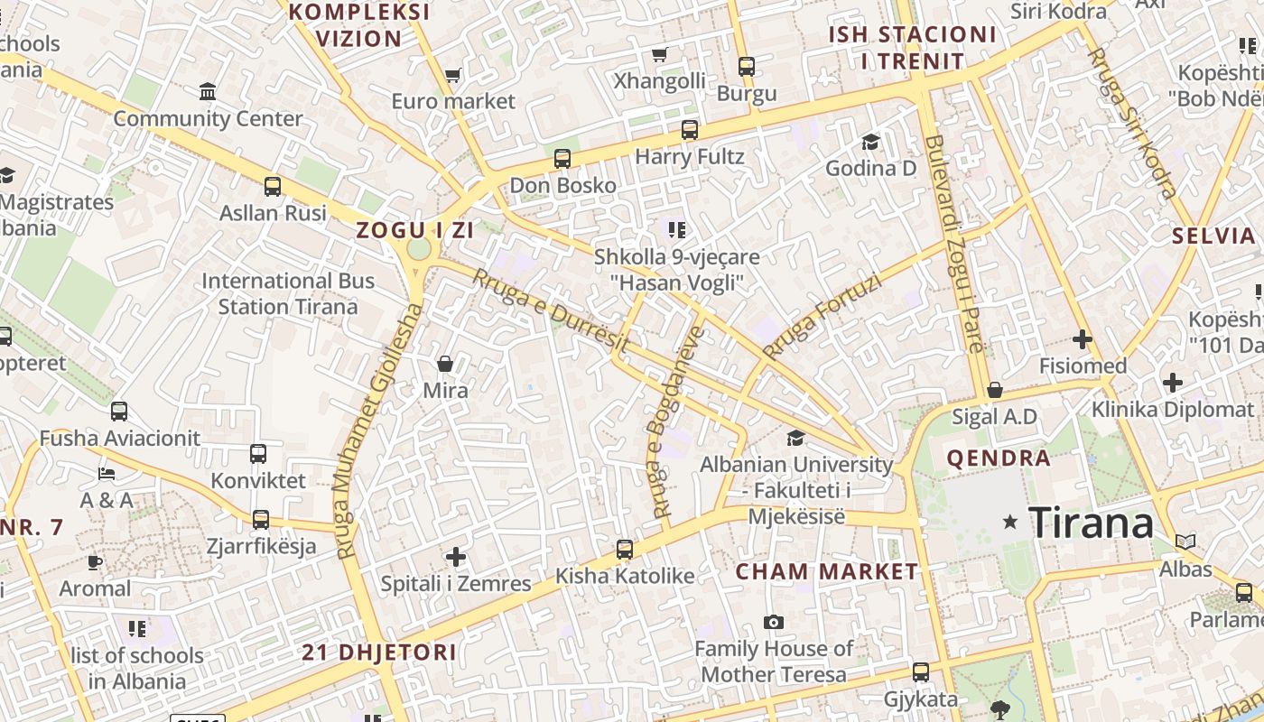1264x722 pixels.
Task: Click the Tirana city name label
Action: tap(1091, 523)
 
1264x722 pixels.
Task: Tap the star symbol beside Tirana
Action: tap(1010, 522)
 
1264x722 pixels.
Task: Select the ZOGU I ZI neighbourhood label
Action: tap(414, 230)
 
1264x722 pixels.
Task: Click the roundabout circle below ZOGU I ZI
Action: tap(419, 249)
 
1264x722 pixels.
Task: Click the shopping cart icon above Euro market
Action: tap(453, 76)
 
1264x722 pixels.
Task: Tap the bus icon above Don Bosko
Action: tap(562, 159)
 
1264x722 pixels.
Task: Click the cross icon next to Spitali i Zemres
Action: tap(456, 557)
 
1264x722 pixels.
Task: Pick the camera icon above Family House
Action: tap(773, 622)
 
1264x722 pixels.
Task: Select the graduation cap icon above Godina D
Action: tap(870, 142)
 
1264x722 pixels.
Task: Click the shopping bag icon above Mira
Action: tap(445, 364)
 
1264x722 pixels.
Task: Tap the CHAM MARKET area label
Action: tap(826, 571)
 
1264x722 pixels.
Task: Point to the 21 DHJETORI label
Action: tap(379, 652)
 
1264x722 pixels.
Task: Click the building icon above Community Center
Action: tap(208, 91)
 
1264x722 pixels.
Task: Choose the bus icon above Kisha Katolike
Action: tap(624, 549)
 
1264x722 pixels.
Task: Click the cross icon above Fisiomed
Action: tap(1082, 339)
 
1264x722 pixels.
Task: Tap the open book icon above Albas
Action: tap(1185, 541)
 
